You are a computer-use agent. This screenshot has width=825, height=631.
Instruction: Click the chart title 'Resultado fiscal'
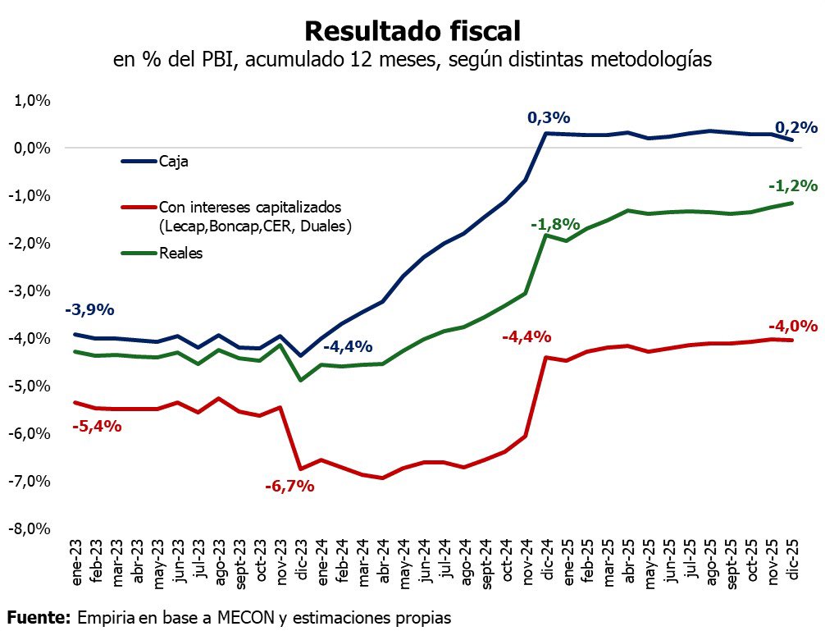click(x=412, y=30)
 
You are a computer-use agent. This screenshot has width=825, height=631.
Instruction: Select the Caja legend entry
click(x=173, y=162)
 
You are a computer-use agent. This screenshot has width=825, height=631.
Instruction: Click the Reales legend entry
click(x=180, y=254)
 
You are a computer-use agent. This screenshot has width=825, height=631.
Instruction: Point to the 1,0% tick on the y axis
click(x=32, y=101)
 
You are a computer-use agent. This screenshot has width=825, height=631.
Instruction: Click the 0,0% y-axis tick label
click(x=32, y=149)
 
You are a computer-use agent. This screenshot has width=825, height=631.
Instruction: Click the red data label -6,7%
click(x=289, y=486)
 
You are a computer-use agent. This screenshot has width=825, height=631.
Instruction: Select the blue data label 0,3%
click(x=548, y=119)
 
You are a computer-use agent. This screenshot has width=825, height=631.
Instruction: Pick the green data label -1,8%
click(x=555, y=224)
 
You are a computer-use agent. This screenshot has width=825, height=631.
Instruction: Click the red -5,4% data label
click(x=97, y=426)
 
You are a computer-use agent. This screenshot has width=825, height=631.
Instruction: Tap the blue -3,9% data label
click(x=89, y=309)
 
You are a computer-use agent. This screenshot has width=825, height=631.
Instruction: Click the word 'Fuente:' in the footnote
click(x=39, y=617)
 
